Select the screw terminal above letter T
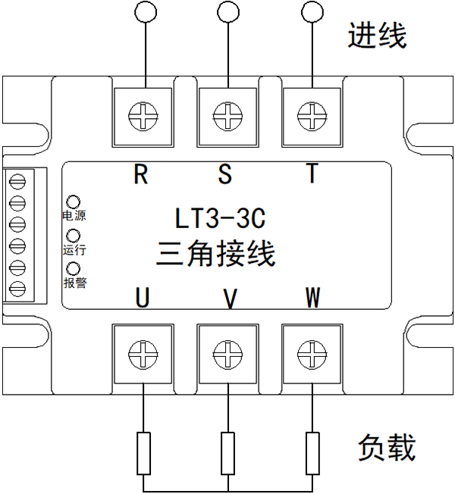[310, 117]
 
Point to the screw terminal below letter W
[310, 352]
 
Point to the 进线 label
[377, 36]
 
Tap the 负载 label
[386, 449]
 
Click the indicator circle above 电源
[74, 202]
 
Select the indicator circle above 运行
[74, 236]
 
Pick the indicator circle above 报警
[74, 270]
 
